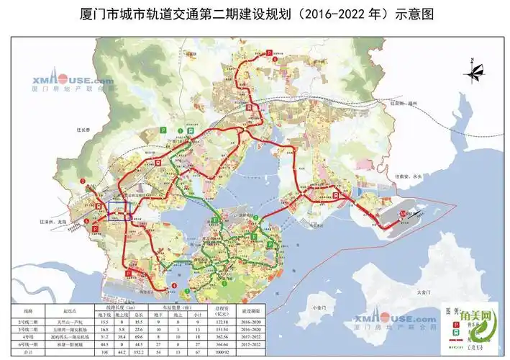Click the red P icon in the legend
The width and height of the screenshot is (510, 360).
455,325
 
